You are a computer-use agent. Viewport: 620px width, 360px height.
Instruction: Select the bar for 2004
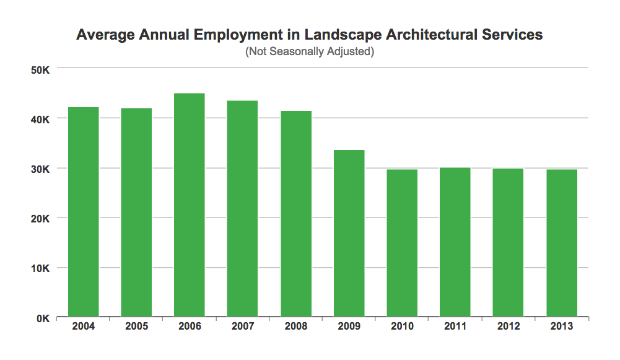coord(83,212)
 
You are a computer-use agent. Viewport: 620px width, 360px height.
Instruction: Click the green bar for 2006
coord(190,205)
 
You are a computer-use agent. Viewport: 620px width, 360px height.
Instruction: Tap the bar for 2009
coord(349,234)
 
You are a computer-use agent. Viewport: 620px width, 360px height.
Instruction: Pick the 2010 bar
coord(402,243)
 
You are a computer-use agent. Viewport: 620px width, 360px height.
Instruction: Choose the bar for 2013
coord(562,243)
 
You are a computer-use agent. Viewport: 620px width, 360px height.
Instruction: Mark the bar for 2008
coord(296,214)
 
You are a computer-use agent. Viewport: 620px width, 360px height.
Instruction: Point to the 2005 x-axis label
coord(136,327)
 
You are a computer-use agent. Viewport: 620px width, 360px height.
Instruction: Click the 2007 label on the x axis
coord(243,327)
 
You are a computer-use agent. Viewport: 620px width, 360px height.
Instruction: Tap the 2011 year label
coord(455,327)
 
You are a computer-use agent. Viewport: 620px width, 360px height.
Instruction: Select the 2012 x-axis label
coord(509,327)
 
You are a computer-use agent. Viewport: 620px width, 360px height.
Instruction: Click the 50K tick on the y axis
coord(40,69)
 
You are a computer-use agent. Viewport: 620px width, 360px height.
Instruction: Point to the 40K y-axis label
coord(40,119)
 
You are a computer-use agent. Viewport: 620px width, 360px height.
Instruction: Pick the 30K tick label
coord(40,169)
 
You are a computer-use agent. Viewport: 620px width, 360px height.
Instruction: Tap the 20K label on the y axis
coord(40,219)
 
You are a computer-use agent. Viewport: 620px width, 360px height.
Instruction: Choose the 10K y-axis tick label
coord(40,268)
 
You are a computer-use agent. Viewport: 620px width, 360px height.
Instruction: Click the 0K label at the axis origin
coord(43,318)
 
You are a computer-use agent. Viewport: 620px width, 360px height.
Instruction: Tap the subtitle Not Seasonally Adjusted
coord(310,51)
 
